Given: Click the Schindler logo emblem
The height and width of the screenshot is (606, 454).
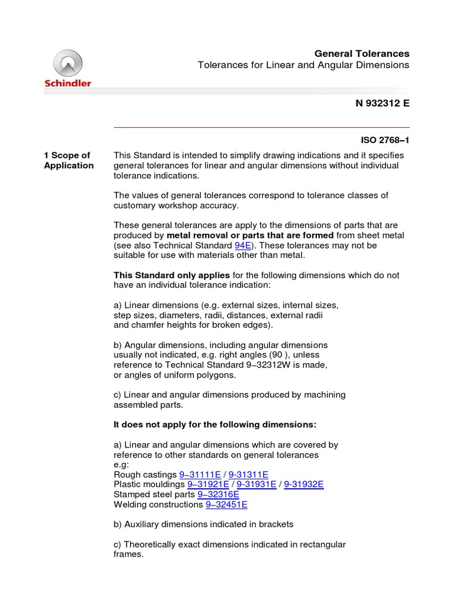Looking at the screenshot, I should coord(68,63).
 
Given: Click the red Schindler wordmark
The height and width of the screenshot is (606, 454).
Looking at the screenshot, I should coord(68,83).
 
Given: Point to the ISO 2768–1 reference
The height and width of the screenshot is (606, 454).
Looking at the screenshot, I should coord(385,141).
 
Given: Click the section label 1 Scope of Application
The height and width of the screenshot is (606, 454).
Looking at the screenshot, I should coord(69,160).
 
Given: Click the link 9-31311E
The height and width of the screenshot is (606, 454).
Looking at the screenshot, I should coord(248,475).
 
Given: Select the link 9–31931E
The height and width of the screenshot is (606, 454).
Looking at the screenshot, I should coord(256,484).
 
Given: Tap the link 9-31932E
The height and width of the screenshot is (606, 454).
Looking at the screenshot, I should coord(304,484).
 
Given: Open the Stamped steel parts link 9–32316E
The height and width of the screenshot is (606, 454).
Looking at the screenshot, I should coord(218,494).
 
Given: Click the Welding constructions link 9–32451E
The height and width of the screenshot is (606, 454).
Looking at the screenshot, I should coord(226,504).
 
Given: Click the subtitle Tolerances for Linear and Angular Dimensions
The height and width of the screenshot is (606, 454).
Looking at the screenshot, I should coord(303,65).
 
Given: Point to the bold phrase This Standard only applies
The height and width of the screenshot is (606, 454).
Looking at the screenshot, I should coord(171,275).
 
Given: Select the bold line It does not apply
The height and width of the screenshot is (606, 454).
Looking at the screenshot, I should coord(215,424).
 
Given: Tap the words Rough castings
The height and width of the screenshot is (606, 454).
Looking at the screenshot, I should coord(145,475).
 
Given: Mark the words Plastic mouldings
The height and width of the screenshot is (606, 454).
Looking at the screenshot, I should coord(148,484).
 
